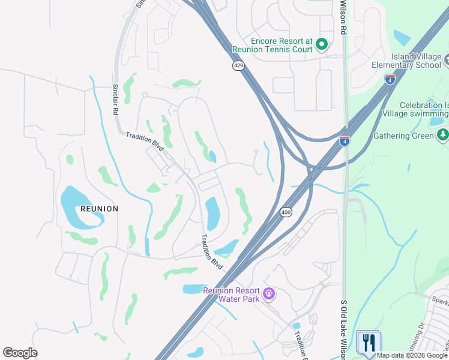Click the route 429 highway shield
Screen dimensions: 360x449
coord(238,65)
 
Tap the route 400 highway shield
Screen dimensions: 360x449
coord(286,212)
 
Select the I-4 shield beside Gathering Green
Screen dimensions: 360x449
coord(345,141)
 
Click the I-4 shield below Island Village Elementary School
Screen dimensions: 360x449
coord(390,78)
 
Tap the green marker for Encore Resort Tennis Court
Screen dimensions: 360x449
coord(322,44)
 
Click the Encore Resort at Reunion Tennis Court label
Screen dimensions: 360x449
coord(282,45)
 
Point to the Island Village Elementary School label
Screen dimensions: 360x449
coord(406,61)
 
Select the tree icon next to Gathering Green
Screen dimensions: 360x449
coord(443,134)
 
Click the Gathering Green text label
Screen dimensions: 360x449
coord(403,136)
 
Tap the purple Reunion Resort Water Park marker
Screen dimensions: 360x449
coord(269,293)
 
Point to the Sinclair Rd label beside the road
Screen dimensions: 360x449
coord(115,100)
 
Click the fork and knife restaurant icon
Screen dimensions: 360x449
coord(368,343)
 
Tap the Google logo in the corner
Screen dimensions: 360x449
coord(20,353)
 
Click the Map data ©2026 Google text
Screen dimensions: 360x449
coord(412,355)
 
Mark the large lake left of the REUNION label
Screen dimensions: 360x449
coord(75,207)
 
